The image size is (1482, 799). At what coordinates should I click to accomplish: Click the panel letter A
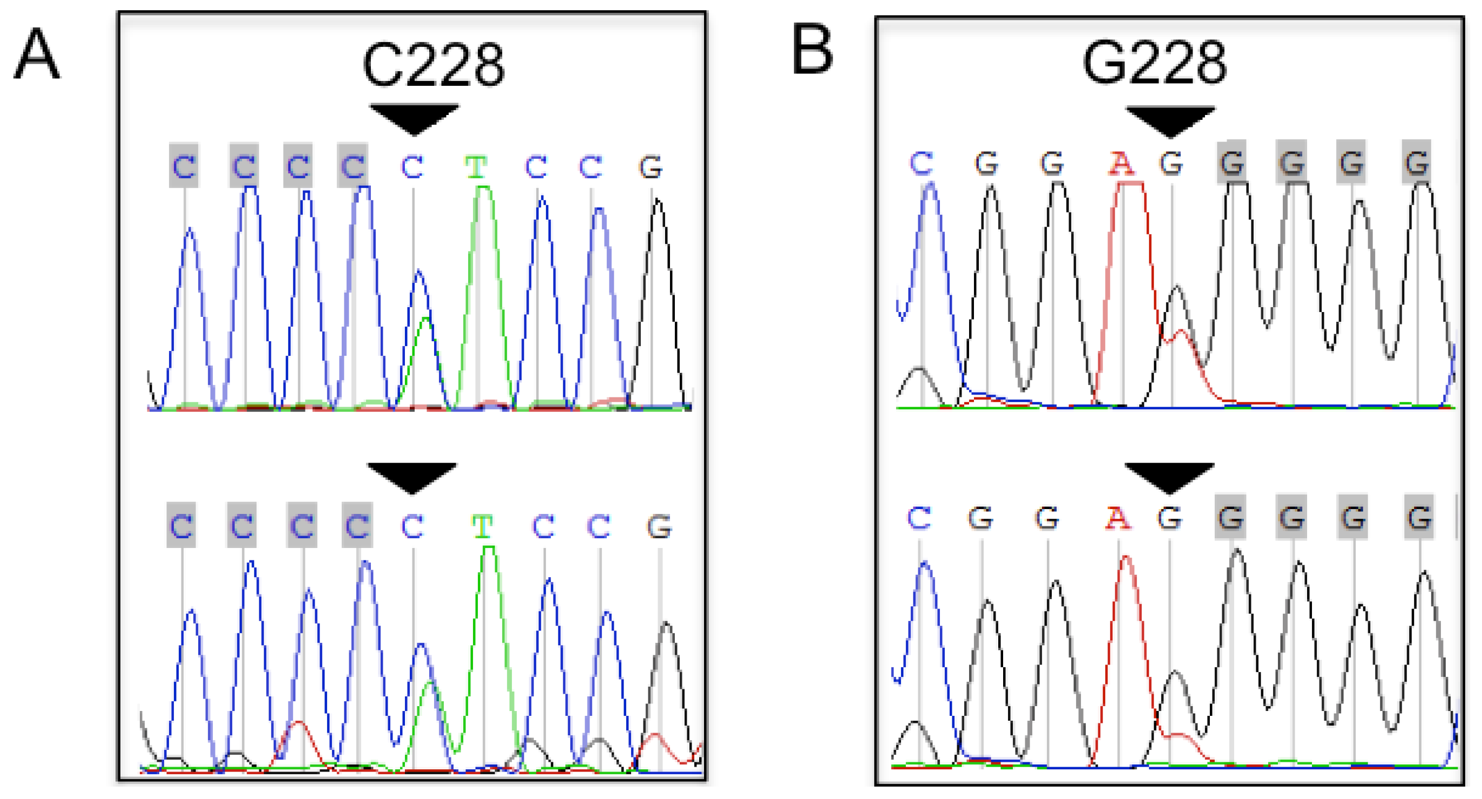pos(37,55)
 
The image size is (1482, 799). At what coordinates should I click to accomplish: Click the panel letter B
pos(813,50)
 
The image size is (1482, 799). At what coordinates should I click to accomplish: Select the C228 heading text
pos(433,65)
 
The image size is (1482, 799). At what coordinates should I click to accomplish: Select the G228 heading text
pos(1154,63)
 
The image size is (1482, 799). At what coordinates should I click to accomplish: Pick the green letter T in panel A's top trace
pos(476,167)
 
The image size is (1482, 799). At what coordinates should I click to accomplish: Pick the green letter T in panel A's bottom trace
pos(482,526)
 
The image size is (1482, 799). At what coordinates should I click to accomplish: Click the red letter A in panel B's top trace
pos(1121,164)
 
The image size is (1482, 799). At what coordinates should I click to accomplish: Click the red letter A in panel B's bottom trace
pos(1117,519)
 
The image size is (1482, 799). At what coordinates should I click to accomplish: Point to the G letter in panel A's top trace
pos(651,167)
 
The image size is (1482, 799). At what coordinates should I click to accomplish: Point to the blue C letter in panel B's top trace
pos(921,164)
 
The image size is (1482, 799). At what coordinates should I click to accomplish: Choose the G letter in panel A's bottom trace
pos(659,526)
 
